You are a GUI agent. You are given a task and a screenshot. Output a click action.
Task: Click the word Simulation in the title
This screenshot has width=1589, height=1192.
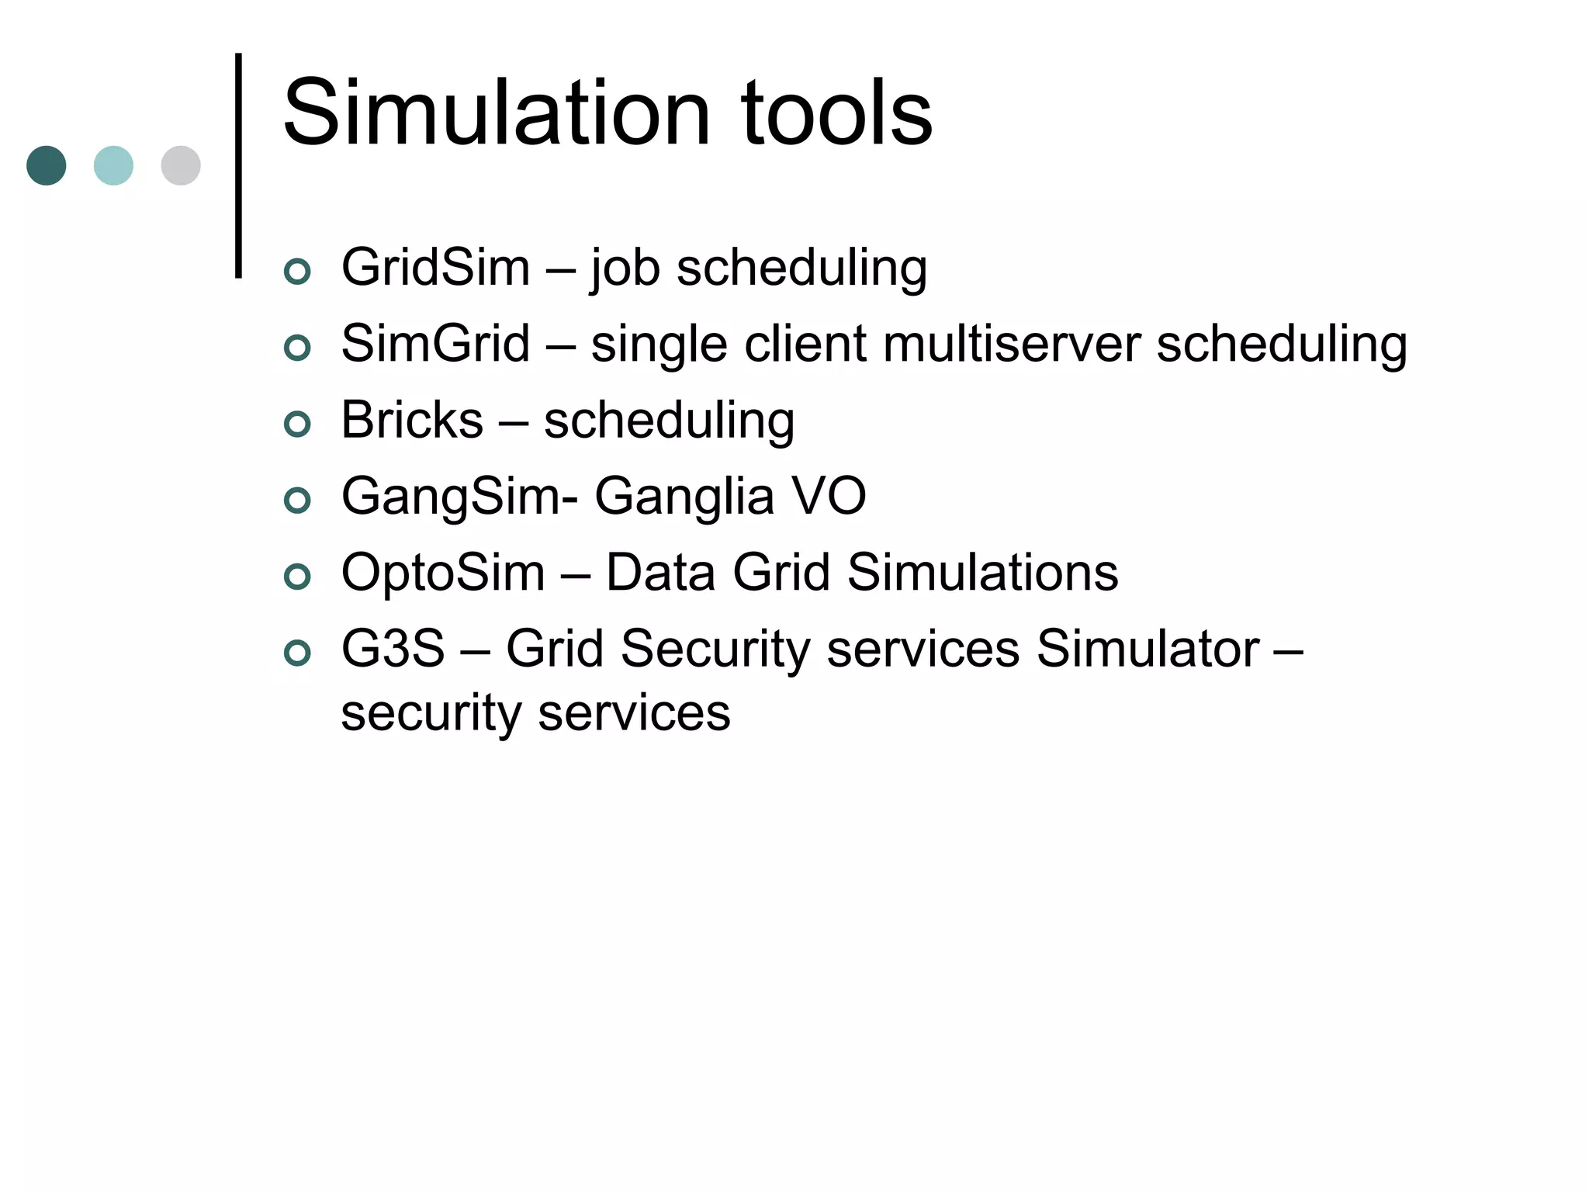(x=497, y=114)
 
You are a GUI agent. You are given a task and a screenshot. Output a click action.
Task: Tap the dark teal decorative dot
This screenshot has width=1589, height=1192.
(x=47, y=165)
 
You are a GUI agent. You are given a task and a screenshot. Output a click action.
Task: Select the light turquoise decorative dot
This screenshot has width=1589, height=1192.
(x=113, y=165)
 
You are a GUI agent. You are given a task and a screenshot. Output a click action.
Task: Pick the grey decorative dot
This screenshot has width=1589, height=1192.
(x=181, y=165)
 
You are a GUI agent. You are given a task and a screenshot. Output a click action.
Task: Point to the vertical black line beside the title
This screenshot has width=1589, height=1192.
(x=238, y=165)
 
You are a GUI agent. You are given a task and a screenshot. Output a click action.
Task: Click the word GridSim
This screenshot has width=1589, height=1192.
(x=435, y=268)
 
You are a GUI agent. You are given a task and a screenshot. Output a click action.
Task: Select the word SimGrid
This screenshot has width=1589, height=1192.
(x=435, y=344)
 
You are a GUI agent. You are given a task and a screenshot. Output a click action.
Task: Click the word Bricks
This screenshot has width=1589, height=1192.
(x=412, y=420)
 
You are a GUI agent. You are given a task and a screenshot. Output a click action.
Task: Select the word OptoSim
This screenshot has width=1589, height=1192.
(x=443, y=573)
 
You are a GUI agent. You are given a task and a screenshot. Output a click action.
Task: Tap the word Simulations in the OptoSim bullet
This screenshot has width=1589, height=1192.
(x=982, y=573)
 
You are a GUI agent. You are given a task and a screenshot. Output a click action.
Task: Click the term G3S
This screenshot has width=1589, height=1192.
(x=393, y=649)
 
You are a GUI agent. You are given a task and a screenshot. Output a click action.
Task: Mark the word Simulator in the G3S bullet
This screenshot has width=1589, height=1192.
(x=1148, y=649)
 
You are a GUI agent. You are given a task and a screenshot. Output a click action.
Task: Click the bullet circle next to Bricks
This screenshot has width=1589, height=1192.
(x=297, y=424)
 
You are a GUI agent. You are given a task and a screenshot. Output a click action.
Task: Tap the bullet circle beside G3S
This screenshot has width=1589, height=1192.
(x=297, y=653)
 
